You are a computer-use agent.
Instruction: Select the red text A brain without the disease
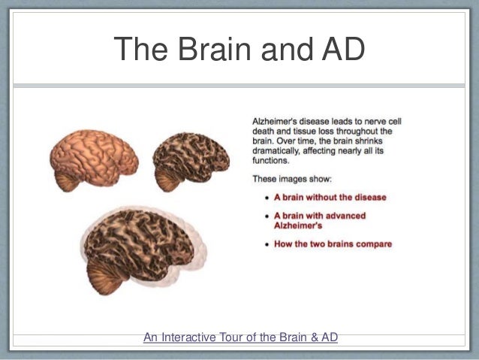point(330,197)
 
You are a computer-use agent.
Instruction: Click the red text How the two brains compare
point(333,244)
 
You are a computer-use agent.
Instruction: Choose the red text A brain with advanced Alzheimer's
point(319,220)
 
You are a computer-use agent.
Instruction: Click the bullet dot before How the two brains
point(268,244)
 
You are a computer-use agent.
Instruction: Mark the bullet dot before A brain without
point(268,198)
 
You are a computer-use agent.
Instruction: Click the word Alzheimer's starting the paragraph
point(276,120)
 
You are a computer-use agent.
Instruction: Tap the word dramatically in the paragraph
point(277,150)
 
